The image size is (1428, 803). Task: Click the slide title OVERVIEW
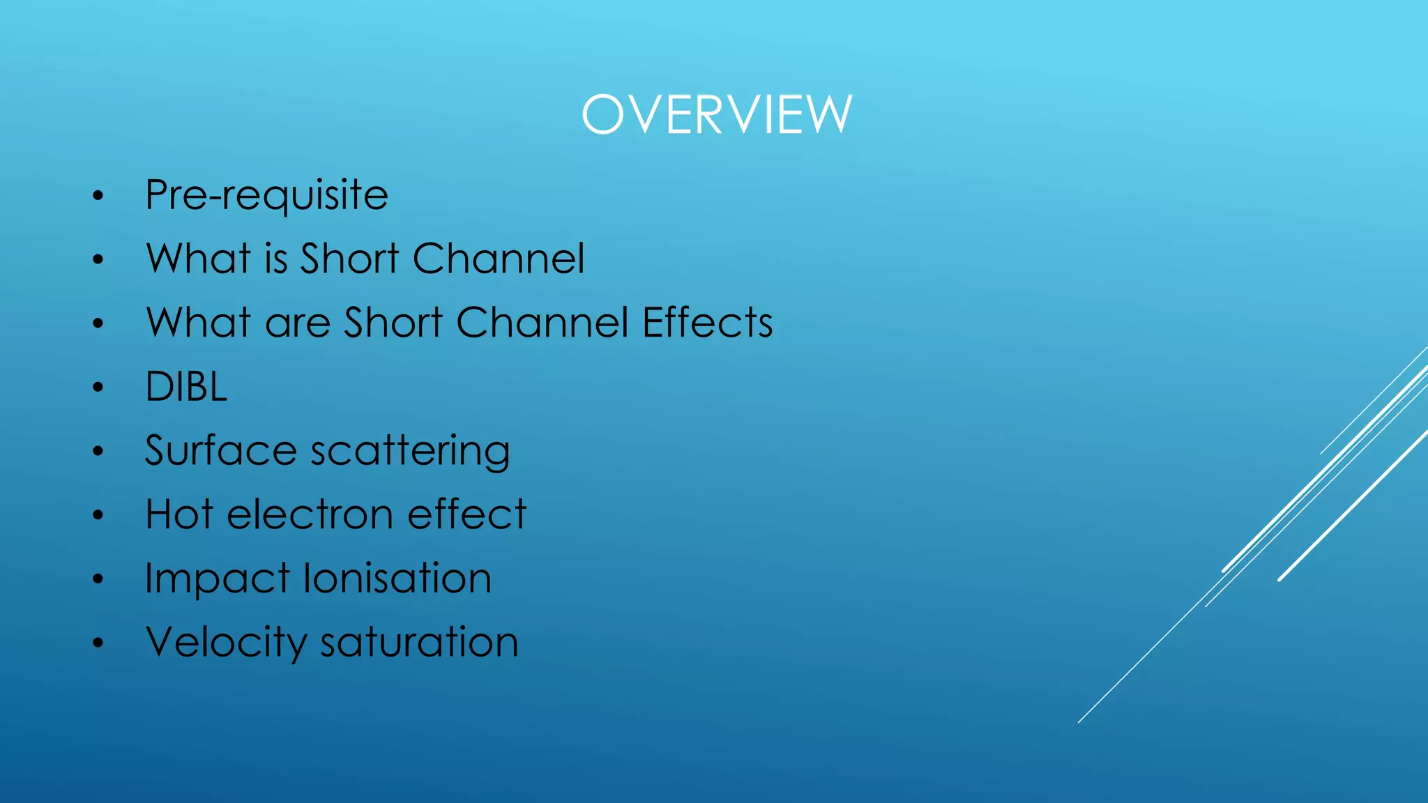(x=717, y=114)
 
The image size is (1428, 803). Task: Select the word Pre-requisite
(x=266, y=195)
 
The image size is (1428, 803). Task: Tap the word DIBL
(x=186, y=387)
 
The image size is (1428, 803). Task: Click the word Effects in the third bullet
(x=707, y=323)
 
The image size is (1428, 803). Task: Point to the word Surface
(x=221, y=450)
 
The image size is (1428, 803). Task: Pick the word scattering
(x=411, y=452)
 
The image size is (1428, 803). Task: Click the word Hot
(x=179, y=514)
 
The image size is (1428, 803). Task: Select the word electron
(x=310, y=514)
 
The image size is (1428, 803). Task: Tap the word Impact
(x=217, y=579)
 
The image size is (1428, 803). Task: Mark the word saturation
(x=419, y=642)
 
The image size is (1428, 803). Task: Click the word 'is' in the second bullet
(x=276, y=259)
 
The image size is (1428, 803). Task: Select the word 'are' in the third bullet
(x=298, y=323)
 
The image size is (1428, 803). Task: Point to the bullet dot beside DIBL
(x=98, y=388)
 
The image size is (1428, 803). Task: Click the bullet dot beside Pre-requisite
(x=98, y=196)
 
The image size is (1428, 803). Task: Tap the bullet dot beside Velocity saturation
(x=98, y=643)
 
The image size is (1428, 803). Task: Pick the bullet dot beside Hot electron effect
(x=98, y=516)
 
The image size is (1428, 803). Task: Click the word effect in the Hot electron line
(x=466, y=514)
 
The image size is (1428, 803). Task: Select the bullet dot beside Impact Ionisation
(x=98, y=579)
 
